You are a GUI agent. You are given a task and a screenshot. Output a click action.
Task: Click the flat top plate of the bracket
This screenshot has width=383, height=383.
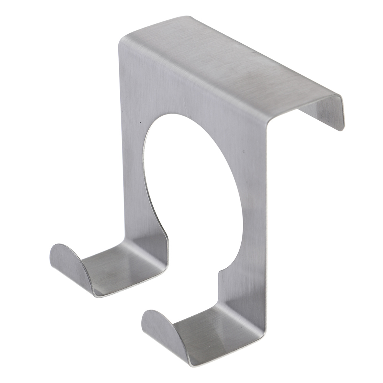(x=230, y=65)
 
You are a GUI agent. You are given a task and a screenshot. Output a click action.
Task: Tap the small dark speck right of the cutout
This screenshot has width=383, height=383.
(x=244, y=152)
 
